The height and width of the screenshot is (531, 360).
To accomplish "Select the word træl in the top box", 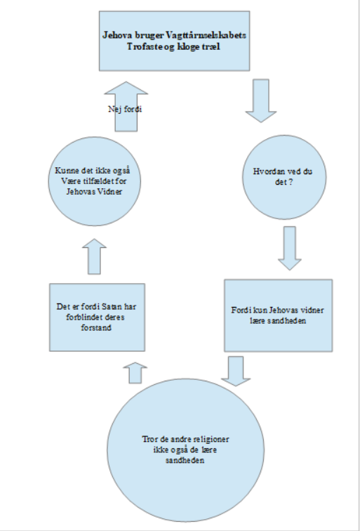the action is click(212, 47).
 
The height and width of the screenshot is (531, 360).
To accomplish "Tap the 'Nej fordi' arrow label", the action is click(125, 109).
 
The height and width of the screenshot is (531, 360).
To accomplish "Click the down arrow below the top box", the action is click(261, 100).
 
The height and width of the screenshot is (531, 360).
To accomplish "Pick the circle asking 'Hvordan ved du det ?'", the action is click(284, 177).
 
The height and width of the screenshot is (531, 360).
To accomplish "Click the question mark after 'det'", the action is click(290, 182).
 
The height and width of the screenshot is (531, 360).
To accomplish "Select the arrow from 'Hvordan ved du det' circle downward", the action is click(290, 248).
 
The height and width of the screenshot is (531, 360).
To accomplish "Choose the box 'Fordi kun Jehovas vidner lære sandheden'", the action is click(279, 315).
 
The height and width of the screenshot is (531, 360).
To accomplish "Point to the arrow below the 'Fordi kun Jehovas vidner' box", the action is click(236, 371).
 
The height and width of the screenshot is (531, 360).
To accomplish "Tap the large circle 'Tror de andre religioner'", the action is click(185, 450).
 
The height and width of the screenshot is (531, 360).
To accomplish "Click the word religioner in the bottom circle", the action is click(211, 440).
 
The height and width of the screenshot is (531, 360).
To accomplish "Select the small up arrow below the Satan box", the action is click(135, 373).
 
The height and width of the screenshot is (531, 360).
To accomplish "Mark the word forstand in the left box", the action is click(96, 328).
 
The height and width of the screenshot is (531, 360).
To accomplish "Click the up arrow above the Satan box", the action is click(94, 256).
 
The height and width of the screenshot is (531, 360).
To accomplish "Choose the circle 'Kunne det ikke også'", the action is click(95, 181).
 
